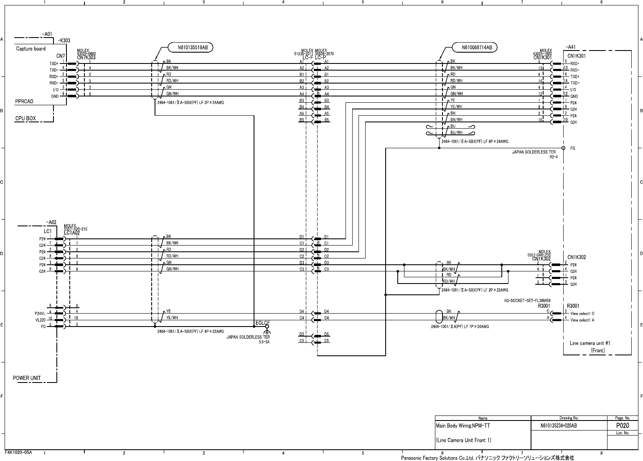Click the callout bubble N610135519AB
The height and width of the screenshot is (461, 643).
coord(191,48)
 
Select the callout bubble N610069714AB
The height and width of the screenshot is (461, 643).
coord(477,48)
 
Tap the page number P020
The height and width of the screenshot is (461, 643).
coord(623,426)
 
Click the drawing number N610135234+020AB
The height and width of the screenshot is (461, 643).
coord(559,426)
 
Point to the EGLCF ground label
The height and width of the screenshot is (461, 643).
coord(262,323)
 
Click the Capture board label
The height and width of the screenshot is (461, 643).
coord(31,49)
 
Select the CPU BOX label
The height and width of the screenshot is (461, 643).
coord(26,119)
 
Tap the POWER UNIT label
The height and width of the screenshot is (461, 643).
coord(27,378)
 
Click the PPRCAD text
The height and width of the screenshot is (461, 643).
coord(24,101)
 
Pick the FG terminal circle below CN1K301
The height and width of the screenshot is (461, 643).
coord(564,148)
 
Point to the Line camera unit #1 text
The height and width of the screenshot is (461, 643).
coord(590,343)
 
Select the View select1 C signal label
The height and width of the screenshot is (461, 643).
coord(582,314)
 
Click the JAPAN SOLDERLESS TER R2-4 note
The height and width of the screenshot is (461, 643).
coord(534,155)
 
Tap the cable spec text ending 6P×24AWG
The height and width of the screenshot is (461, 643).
coord(475,142)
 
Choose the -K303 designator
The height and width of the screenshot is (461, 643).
coord(64,41)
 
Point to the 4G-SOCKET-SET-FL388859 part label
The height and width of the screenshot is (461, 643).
coord(527,301)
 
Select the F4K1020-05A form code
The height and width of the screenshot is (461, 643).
coord(19,452)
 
